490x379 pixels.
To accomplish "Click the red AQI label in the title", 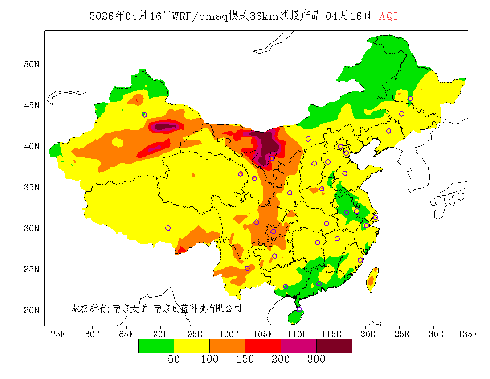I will [388, 16].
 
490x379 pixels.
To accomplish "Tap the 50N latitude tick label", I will [32, 64].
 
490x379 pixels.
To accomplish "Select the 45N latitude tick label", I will [32, 105].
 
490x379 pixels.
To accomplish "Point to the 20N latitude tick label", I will [32, 310].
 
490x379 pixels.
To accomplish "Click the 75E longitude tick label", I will [58, 334].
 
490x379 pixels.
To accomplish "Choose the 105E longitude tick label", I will [263, 334].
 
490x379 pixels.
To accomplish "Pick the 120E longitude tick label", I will [366, 334].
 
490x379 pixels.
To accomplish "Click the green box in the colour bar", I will [156, 346].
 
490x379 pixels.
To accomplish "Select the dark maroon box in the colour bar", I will [334, 346].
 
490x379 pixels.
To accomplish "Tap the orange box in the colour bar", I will [227, 346].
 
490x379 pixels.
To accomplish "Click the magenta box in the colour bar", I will [298, 346].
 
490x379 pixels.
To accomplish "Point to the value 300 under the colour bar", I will [316, 359].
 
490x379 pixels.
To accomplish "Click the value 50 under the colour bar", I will [174, 359].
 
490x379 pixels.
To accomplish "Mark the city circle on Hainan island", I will [299, 309].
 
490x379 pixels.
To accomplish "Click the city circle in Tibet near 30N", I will [168, 228].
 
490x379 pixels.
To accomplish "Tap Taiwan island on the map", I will [372, 280].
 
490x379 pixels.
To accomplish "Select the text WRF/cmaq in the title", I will [200, 16].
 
